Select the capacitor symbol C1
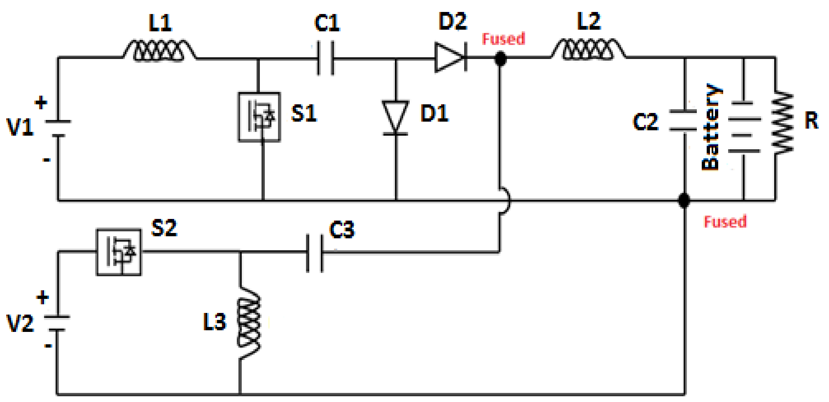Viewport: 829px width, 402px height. click(x=325, y=58)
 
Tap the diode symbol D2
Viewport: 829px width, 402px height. click(x=451, y=57)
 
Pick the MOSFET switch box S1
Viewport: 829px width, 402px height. click(x=259, y=117)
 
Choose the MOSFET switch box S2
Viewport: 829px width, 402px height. click(x=119, y=252)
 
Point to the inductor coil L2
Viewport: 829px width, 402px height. click(x=588, y=50)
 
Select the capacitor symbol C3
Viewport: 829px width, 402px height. click(x=315, y=253)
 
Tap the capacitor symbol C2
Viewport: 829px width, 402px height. click(x=684, y=120)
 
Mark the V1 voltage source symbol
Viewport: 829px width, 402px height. click(x=58, y=129)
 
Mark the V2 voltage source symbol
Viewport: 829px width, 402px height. click(x=57, y=324)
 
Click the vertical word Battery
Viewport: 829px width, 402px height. click(x=710, y=127)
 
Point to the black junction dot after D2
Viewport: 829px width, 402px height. click(x=500, y=59)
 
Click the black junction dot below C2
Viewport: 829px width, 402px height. click(x=684, y=201)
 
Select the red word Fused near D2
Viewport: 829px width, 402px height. click(x=503, y=39)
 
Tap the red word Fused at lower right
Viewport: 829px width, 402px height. click(x=725, y=222)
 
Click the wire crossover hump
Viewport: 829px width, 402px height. click(x=505, y=201)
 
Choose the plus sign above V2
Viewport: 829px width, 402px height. click(x=42, y=297)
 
